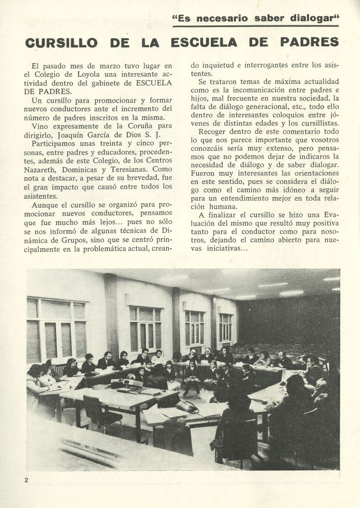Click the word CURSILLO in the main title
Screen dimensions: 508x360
(x=60, y=42)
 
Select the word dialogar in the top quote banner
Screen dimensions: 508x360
(x=312, y=19)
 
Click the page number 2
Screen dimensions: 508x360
(x=25, y=480)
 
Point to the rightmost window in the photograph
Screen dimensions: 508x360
(x=225, y=328)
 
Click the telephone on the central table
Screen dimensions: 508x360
(x=188, y=406)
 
